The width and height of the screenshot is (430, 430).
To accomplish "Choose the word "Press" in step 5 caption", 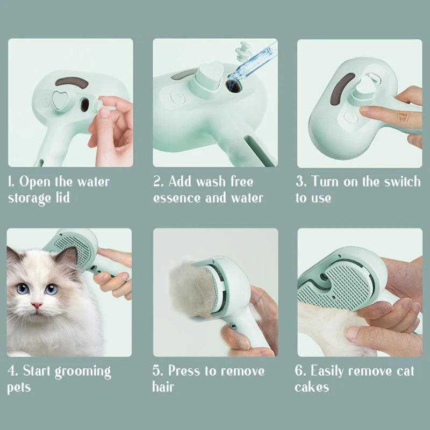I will click(x=186, y=371).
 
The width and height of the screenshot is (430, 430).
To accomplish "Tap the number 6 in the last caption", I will click(x=299, y=371).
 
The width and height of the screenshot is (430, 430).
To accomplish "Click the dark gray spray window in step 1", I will click(x=72, y=82).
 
